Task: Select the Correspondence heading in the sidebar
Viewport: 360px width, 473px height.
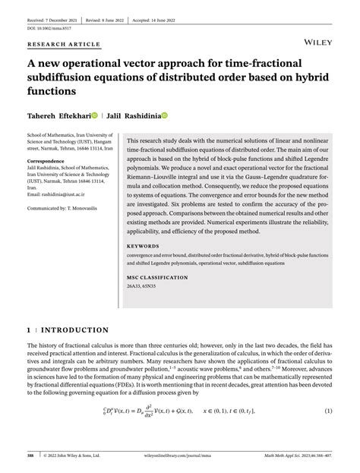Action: [47, 162]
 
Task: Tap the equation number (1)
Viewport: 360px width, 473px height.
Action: [329, 412]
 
